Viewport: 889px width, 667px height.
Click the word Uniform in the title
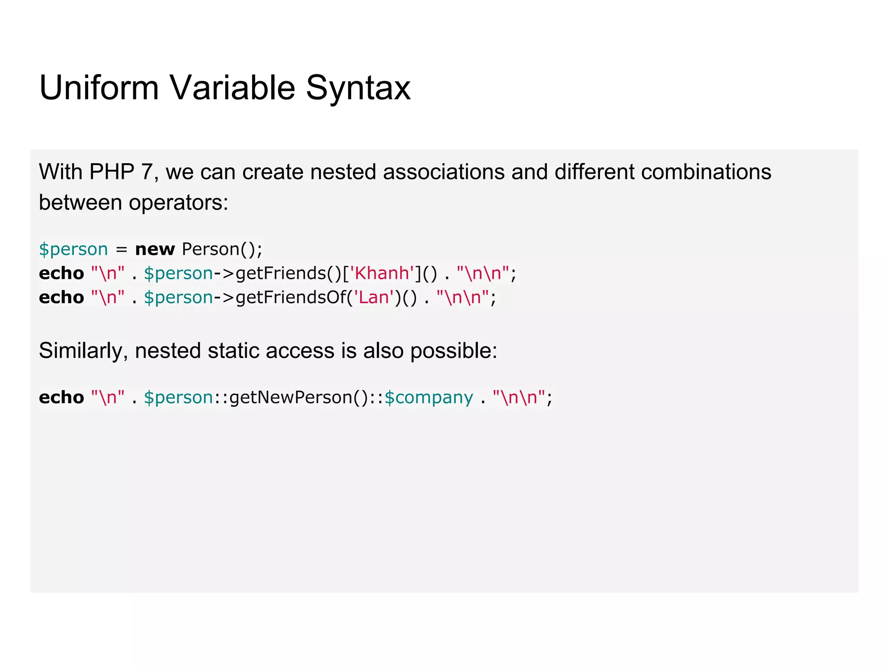[99, 88]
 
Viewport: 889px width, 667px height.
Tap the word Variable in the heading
[232, 88]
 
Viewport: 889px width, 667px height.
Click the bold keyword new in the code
[155, 249]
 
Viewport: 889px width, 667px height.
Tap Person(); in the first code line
[222, 249]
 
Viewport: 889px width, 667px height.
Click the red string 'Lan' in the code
[374, 297]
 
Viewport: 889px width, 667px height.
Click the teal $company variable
[429, 397]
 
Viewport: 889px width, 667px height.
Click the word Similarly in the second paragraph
[81, 351]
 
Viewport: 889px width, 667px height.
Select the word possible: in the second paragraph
[454, 351]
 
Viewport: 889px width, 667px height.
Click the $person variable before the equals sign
[73, 250]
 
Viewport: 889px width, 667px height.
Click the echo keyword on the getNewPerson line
[61, 397]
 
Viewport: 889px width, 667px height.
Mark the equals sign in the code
[122, 250]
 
